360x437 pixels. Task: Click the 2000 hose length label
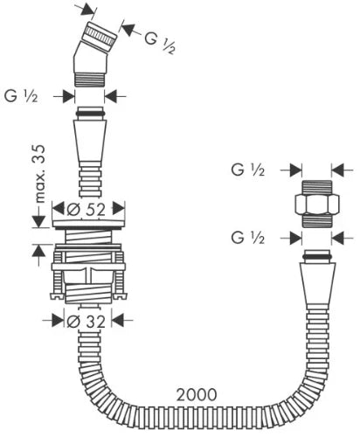coord(197,394)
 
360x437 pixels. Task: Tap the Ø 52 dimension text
coord(86,209)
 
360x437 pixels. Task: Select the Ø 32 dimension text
coord(86,322)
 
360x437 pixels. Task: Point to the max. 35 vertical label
coord(39,174)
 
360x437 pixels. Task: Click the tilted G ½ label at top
coord(160,43)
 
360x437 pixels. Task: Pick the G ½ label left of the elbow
coord(21,96)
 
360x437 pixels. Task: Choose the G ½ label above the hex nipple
coord(248,170)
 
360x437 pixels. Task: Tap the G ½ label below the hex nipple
coord(248,238)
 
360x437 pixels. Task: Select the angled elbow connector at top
coord(93,55)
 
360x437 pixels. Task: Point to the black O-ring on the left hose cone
coord(90,113)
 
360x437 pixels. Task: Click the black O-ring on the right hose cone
coord(317,256)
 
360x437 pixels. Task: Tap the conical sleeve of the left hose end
coord(90,143)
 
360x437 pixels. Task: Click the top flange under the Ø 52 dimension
coord(88,224)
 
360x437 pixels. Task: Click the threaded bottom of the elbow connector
coord(89,80)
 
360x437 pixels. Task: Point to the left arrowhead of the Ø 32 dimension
coord(59,321)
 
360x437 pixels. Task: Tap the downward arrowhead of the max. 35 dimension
coord(38,221)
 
